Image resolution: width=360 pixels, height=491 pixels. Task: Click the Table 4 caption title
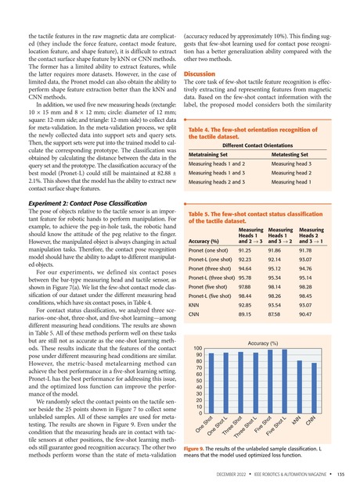click(255, 131)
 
